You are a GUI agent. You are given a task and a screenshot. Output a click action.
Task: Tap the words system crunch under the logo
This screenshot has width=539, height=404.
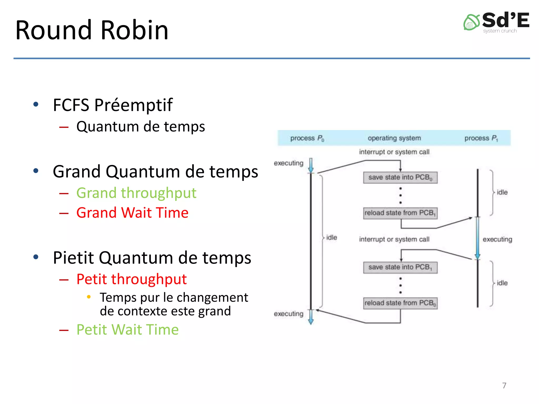[500, 31]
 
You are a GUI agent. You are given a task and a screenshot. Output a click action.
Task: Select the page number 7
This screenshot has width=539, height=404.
[504, 385]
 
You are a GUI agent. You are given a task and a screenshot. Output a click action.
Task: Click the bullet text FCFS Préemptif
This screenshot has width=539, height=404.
[113, 105]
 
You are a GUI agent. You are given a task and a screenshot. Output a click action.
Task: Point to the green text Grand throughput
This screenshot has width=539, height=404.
[136, 193]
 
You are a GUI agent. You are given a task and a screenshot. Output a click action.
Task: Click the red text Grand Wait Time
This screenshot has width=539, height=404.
[132, 213]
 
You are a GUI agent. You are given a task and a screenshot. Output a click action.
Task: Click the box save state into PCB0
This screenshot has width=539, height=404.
[400, 178]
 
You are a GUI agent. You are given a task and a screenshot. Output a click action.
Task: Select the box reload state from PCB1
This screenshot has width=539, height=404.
[400, 213]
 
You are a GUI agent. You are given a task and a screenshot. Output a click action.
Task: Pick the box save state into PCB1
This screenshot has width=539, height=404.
[400, 267]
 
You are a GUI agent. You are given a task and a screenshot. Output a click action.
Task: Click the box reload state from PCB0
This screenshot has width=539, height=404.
[400, 303]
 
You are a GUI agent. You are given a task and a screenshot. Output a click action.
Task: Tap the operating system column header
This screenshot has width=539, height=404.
[394, 138]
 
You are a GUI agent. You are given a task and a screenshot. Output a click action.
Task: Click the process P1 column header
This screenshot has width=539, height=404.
[481, 138]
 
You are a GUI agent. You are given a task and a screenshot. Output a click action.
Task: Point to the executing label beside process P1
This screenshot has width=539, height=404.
[497, 239]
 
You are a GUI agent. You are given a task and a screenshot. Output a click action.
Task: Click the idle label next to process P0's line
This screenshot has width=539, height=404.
[331, 238]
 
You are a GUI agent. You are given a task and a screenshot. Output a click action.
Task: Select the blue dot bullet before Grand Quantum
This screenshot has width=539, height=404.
[36, 171]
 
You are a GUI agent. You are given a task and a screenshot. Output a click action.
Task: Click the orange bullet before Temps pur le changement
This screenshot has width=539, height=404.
[89, 297]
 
